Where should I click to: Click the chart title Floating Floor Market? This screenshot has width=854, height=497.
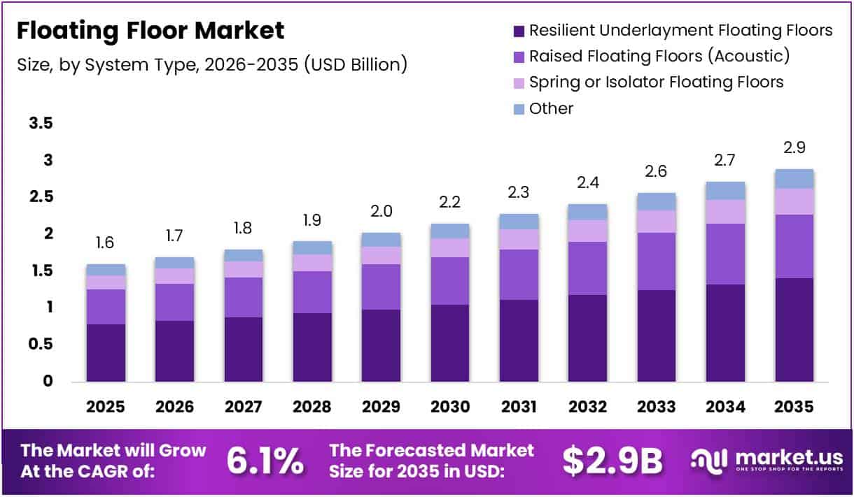pyautogui.click(x=150, y=31)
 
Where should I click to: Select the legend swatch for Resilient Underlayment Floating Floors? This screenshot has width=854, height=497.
pyautogui.click(x=519, y=31)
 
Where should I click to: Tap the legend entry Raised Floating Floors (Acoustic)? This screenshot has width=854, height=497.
pyautogui.click(x=659, y=56)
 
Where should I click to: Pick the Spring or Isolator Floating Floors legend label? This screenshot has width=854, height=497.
pyautogui.click(x=656, y=82)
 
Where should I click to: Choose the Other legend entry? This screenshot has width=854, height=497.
pyautogui.click(x=551, y=109)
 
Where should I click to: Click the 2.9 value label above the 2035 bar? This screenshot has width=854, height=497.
pyautogui.click(x=794, y=148)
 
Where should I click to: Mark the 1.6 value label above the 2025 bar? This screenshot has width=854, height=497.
pyautogui.click(x=105, y=243)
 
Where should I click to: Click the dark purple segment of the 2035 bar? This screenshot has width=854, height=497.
pyautogui.click(x=794, y=329)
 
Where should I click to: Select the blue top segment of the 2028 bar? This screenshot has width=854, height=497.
pyautogui.click(x=311, y=247)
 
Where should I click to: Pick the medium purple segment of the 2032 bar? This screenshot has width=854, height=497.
pyautogui.click(x=587, y=268)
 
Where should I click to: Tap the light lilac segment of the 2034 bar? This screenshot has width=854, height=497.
pyautogui.click(x=725, y=212)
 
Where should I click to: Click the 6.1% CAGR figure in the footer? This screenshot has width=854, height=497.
pyautogui.click(x=265, y=461)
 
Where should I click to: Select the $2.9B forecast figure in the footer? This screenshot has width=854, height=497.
pyautogui.click(x=612, y=461)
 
